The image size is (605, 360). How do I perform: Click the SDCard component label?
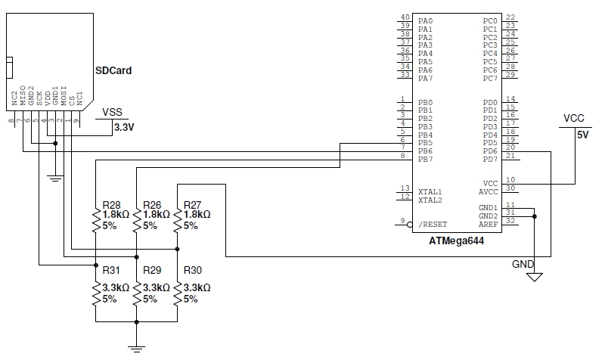[x=113, y=70]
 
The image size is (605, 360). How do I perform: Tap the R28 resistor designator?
[x=111, y=204]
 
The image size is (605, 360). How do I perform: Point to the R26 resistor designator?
[x=152, y=204]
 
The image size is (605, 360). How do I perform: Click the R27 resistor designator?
[x=192, y=204]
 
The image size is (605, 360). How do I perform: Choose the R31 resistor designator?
[x=111, y=270]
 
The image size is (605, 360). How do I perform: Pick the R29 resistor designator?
[x=152, y=270]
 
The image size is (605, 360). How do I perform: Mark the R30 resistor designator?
[x=192, y=270]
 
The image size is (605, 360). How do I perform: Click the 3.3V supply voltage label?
[x=123, y=127]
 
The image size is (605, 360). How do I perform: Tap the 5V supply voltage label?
[x=582, y=135]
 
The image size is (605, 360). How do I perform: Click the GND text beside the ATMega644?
[x=523, y=265]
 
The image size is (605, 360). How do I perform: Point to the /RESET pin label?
[x=432, y=225]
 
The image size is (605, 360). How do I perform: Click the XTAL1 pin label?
[x=430, y=192]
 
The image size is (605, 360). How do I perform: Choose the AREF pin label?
[x=489, y=225]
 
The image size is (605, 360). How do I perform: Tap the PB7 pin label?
[x=425, y=160]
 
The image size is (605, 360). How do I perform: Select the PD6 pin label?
[x=490, y=151]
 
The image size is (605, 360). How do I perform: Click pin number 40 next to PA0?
[x=405, y=17]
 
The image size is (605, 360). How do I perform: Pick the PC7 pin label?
[x=490, y=78]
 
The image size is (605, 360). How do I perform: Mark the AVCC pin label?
[x=489, y=192]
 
